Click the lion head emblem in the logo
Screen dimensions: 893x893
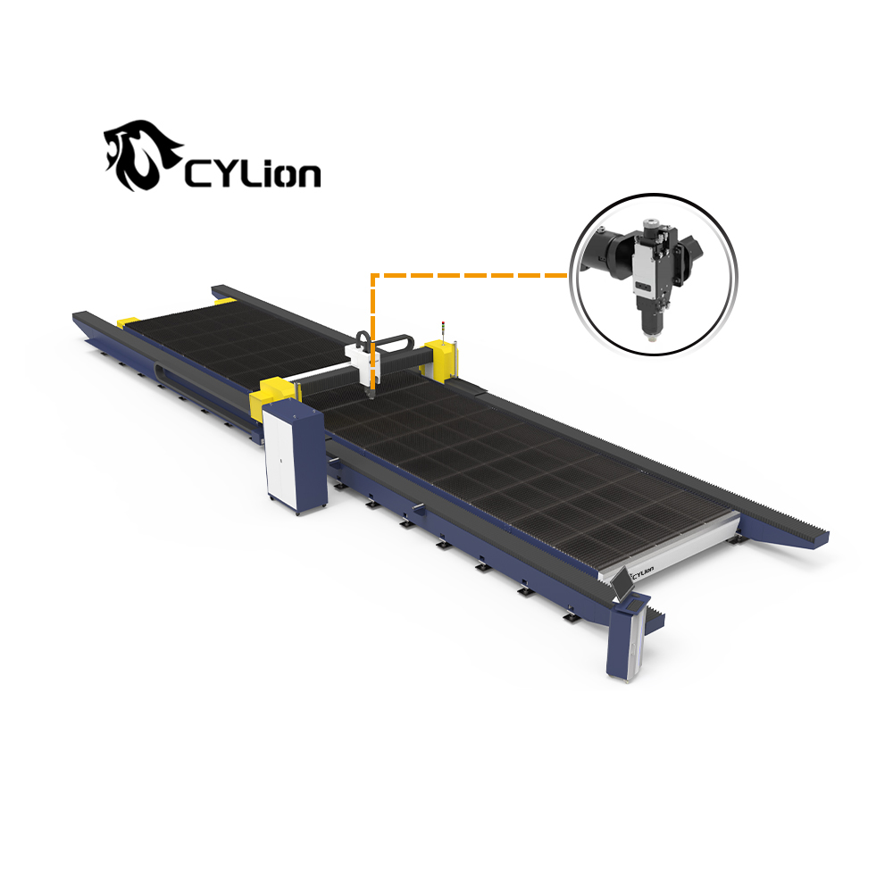point(140,154)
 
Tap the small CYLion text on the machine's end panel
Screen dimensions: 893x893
point(642,568)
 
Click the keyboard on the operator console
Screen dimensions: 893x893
point(634,602)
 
